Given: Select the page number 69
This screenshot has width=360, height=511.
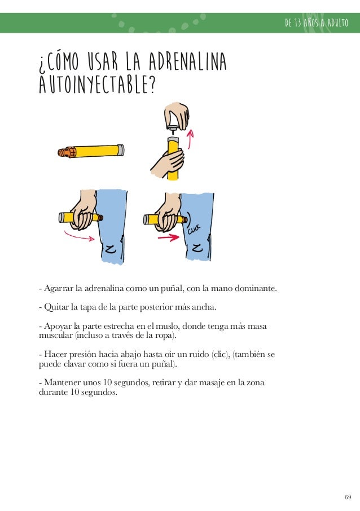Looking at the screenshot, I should pyautogui.click(x=348, y=497).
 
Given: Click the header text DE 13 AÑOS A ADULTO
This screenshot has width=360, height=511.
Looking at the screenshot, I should pyautogui.click(x=317, y=23).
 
